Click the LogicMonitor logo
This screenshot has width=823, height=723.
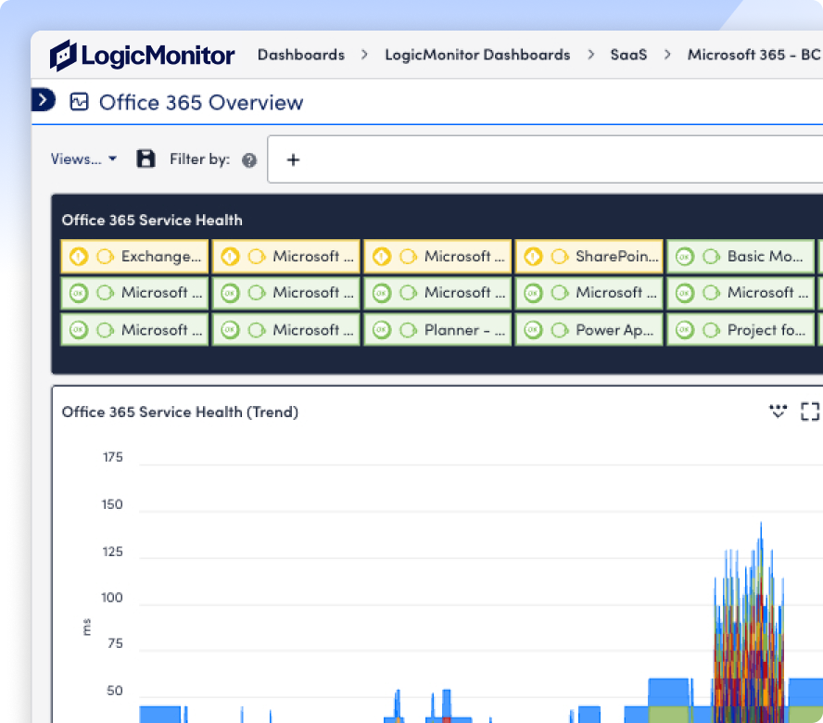(x=142, y=55)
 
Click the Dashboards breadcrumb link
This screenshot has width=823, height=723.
(x=301, y=55)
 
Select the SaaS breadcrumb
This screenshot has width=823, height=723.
(x=628, y=55)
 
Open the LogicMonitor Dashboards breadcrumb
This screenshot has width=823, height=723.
(x=477, y=55)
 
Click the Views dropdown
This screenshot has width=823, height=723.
(x=83, y=159)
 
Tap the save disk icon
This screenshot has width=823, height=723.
(x=146, y=159)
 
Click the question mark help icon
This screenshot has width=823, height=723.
(x=249, y=159)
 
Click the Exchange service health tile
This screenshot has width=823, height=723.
(x=135, y=256)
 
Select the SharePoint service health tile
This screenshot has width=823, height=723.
(x=589, y=256)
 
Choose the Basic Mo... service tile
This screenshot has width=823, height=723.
(x=741, y=256)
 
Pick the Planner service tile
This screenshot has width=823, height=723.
(x=437, y=330)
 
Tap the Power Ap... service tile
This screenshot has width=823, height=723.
(x=589, y=330)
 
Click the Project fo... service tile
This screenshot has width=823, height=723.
(x=741, y=330)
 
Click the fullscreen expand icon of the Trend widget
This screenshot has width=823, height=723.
(x=810, y=412)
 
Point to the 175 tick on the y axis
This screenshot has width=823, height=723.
(x=113, y=457)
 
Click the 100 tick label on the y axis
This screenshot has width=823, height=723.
(x=112, y=598)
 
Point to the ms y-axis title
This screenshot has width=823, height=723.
(x=86, y=627)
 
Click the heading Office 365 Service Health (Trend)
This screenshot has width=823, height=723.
(x=180, y=412)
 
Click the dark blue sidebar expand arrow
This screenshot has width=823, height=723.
(x=44, y=99)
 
